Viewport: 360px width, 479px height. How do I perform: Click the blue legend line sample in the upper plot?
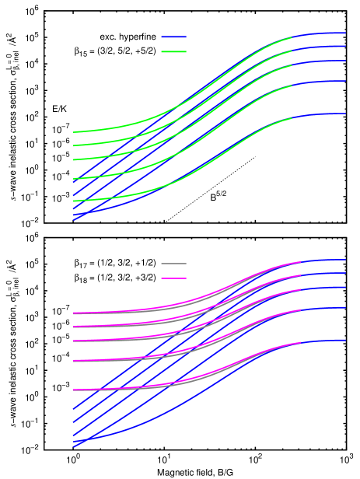click(173, 37)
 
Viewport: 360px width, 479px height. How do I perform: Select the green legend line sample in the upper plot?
click(173, 52)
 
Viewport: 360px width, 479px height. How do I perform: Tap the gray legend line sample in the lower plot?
click(173, 264)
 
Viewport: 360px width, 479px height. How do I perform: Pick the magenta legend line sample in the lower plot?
click(173, 278)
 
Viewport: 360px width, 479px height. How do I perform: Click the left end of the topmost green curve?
click(74, 132)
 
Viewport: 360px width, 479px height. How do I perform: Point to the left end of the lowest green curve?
click(74, 201)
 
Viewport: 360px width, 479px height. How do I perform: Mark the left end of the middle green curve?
click(74, 159)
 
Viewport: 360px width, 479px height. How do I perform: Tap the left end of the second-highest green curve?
click(74, 145)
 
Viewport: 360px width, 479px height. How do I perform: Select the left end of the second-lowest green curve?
click(74, 180)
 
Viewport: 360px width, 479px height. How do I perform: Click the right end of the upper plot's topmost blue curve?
click(345, 33)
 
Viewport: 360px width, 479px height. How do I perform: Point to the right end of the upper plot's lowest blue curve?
click(345, 114)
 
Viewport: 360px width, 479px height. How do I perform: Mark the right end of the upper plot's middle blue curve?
click(345, 61)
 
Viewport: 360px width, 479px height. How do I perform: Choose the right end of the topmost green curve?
click(292, 37)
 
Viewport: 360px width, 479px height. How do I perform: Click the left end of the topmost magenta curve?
click(74, 313)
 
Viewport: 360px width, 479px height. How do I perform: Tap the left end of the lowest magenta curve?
click(74, 390)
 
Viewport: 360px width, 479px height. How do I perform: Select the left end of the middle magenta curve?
click(74, 341)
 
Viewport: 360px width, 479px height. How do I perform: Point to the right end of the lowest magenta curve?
click(301, 343)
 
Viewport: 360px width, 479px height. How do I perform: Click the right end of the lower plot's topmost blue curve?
click(345, 260)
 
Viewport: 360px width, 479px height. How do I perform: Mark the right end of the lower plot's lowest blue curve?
click(345, 341)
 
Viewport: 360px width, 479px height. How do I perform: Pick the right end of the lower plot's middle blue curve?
click(345, 287)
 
